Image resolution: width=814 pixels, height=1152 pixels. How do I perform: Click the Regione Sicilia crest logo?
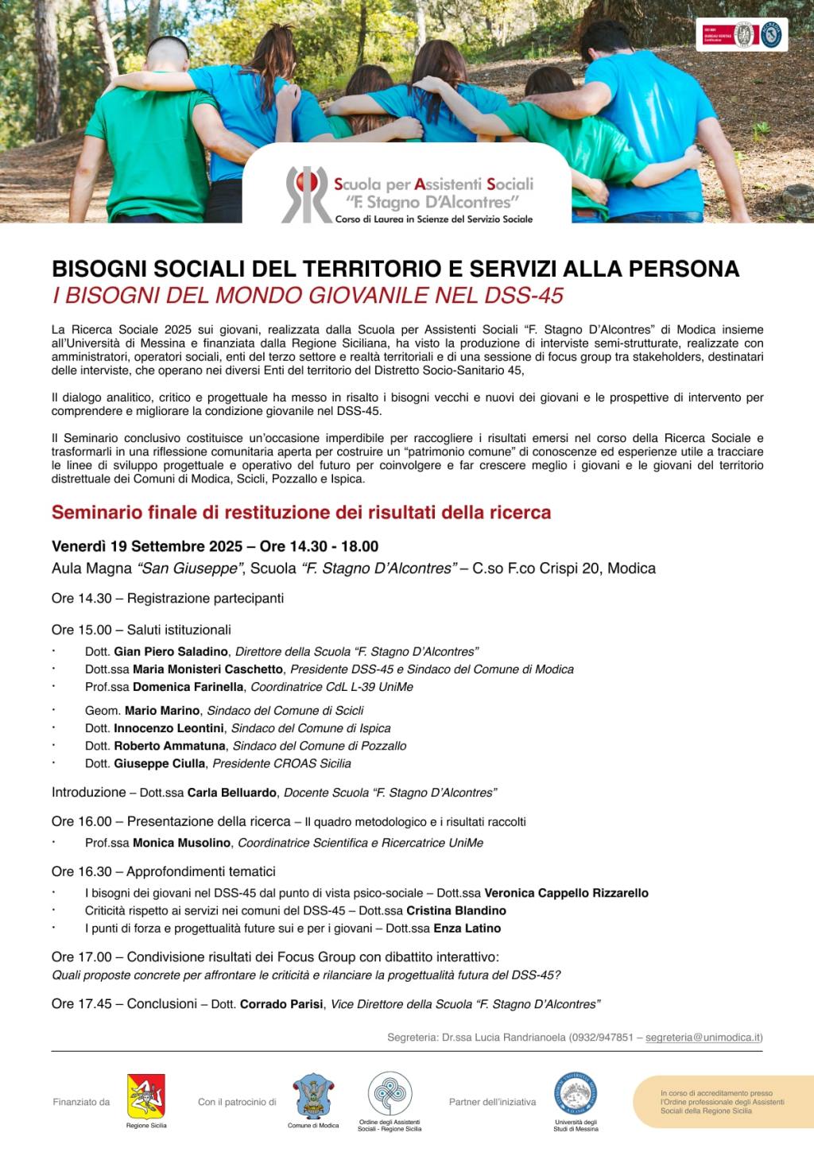pos(146,1097)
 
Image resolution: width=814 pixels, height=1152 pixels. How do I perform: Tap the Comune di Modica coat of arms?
pos(313,1096)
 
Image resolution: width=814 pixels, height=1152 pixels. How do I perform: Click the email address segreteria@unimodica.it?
pos(703,1037)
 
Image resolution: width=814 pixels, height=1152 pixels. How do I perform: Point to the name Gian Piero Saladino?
pos(171,652)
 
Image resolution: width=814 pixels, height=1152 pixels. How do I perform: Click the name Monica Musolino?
pos(182,843)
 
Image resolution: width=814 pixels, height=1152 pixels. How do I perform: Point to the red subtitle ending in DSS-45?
pos(308,295)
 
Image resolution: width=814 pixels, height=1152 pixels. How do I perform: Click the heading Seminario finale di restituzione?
pos(301,512)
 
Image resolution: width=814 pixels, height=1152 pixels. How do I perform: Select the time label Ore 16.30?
pos(82,871)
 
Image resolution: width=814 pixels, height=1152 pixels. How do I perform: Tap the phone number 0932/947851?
pos(602,1037)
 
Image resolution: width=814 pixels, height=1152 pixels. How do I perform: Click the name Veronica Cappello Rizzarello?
pos(566,893)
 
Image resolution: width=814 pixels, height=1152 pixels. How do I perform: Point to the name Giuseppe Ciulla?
pos(160,763)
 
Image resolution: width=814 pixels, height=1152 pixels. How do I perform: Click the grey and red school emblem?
pos(307,194)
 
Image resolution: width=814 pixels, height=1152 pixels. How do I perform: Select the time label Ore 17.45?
pos(82,1003)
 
